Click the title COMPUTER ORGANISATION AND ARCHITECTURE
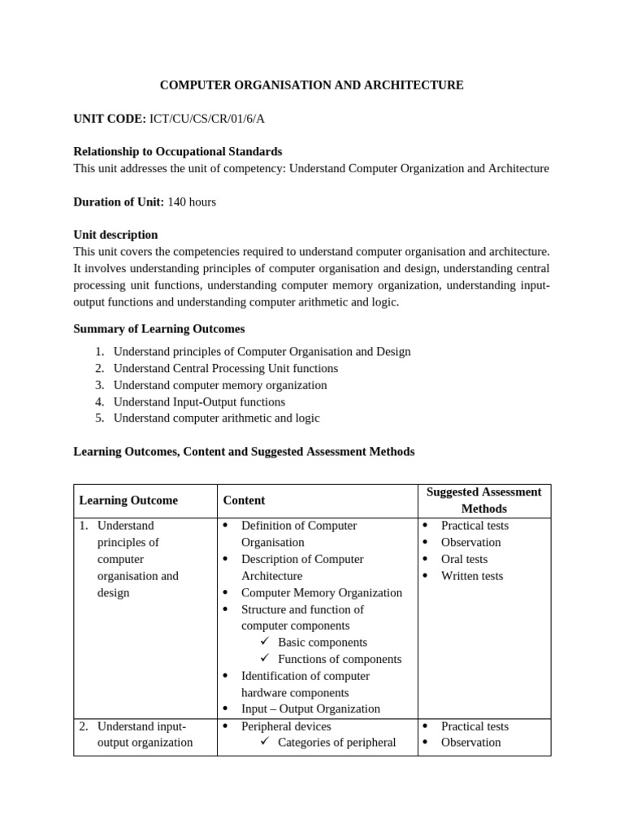[x=311, y=84]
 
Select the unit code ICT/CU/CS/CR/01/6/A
[x=207, y=119]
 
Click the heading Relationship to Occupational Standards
[x=178, y=151]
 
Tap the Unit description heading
[x=115, y=235]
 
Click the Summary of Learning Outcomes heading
[x=158, y=329]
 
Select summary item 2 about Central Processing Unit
[x=225, y=368]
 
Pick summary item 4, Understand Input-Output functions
[x=199, y=401]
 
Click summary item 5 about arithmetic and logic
[x=216, y=418]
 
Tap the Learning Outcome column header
[x=128, y=500]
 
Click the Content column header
[x=244, y=500]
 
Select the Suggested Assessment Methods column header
[x=483, y=500]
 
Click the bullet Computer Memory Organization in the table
[x=321, y=592]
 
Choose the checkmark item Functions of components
[x=339, y=659]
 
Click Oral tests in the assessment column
[x=464, y=559]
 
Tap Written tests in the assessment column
[x=471, y=576]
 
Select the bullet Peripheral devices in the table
[x=286, y=726]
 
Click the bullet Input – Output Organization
[x=310, y=708]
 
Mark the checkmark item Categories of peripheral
[x=336, y=742]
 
